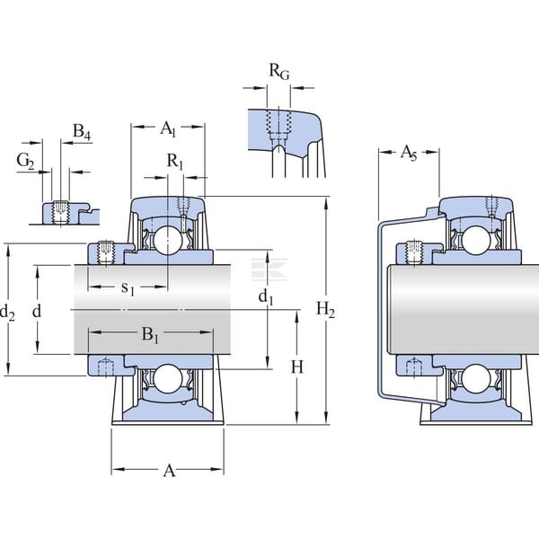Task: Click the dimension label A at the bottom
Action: coord(169,471)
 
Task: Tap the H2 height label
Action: coord(325,310)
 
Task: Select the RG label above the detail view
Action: coord(278,72)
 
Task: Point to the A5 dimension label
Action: coord(409,153)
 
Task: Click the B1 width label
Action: coord(150,334)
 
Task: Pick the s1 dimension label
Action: coord(128,288)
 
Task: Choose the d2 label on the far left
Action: coord(7,313)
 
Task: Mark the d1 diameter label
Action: coord(266,296)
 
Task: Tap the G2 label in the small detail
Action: coord(25,161)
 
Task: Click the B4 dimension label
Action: coord(82,132)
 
